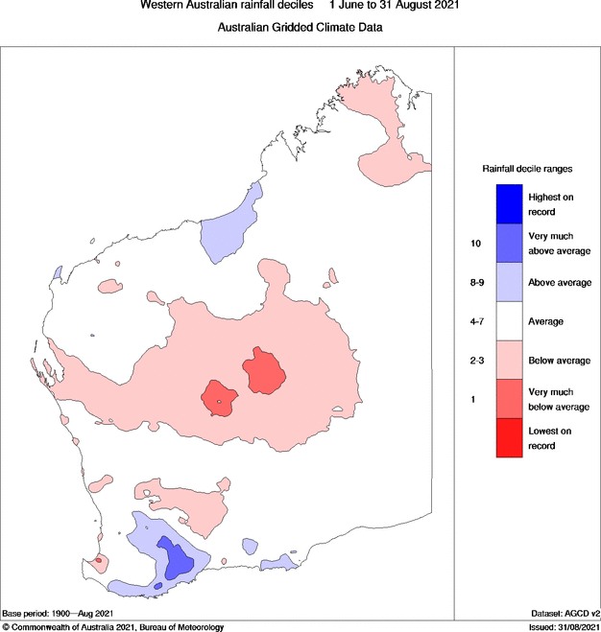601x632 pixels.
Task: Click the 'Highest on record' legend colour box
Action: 509,203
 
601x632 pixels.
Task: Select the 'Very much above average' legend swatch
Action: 509,244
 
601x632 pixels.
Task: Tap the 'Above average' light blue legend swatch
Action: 509,283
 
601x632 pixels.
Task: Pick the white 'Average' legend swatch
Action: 509,321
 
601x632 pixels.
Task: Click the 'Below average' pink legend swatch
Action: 509,361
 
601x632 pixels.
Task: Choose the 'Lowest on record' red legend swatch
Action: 509,438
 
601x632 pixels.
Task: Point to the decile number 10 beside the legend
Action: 475,244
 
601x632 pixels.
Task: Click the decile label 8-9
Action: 477,283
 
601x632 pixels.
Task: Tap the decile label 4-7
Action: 477,321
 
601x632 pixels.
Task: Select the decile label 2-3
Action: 477,361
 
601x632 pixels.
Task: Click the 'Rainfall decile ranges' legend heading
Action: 527,168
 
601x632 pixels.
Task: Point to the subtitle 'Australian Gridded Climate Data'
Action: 300,28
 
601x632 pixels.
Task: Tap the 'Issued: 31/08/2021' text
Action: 557,627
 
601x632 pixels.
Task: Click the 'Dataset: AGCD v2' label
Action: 565,613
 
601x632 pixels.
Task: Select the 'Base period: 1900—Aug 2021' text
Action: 59,613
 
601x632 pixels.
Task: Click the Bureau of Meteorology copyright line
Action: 113,627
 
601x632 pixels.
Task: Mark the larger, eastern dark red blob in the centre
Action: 264,371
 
